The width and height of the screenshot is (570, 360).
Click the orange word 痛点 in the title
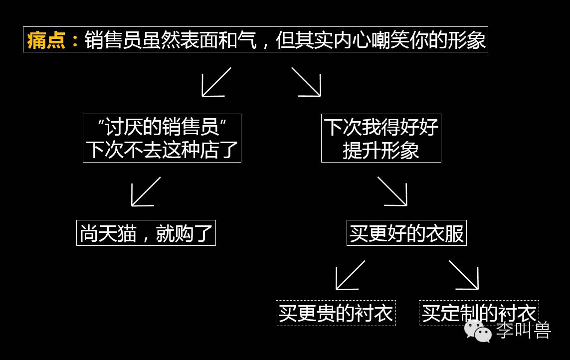tap(46, 40)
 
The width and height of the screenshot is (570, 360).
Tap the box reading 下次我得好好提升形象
tap(381, 138)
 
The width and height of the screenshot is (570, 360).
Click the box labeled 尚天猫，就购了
tap(146, 233)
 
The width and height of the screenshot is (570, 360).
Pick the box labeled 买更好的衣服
tap(406, 233)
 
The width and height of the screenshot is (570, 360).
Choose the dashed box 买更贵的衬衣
tap(336, 313)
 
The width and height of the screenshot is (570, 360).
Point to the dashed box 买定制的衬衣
tap(479, 313)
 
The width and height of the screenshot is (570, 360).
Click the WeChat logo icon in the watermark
tap(477, 331)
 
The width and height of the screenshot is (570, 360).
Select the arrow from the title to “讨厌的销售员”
tap(216, 82)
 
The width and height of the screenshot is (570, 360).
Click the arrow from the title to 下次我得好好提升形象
tap(306, 82)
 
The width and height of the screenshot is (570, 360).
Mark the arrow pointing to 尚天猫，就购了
tap(146, 191)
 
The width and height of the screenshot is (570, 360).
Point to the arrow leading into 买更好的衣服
tap(392, 191)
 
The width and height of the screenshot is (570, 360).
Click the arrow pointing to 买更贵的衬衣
tap(350, 275)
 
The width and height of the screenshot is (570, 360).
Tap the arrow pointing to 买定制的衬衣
tap(464, 275)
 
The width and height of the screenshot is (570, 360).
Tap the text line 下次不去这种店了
tap(162, 150)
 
